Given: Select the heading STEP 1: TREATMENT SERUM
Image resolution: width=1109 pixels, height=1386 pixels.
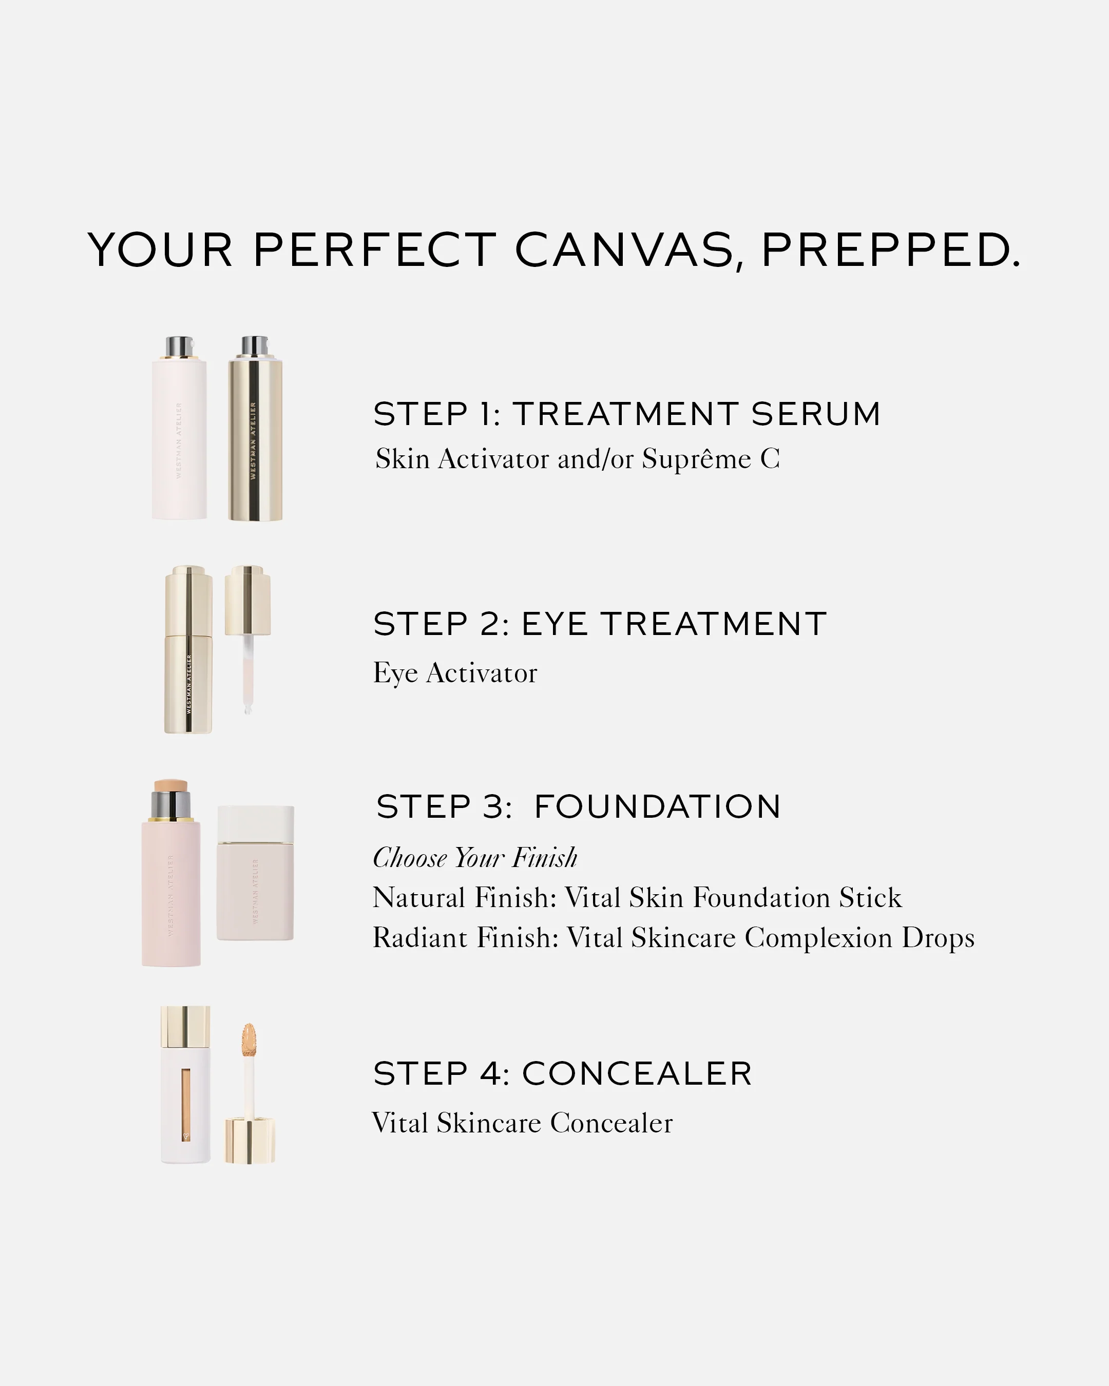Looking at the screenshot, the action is (627, 413).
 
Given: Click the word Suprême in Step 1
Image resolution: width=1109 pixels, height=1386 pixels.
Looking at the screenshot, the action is (696, 459).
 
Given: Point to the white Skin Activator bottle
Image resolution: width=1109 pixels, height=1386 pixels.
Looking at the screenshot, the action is (179, 444).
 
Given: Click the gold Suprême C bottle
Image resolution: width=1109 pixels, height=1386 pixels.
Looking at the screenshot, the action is (255, 444).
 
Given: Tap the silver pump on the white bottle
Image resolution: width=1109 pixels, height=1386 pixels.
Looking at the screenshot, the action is (179, 347).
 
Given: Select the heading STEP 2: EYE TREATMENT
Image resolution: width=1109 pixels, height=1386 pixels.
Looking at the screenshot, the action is (599, 624).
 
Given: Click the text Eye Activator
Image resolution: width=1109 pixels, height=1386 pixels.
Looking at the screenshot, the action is (455, 673).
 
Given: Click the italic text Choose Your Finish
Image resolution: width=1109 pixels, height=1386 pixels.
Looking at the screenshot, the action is (475, 858).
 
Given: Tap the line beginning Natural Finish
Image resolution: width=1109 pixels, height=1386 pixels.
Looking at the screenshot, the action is (637, 897).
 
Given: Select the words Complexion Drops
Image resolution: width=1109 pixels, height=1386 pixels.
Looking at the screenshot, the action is (859, 937).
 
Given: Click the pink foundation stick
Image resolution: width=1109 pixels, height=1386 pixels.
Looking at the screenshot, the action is (171, 894).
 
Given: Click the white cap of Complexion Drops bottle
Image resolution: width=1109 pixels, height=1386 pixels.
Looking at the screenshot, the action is (255, 824).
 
